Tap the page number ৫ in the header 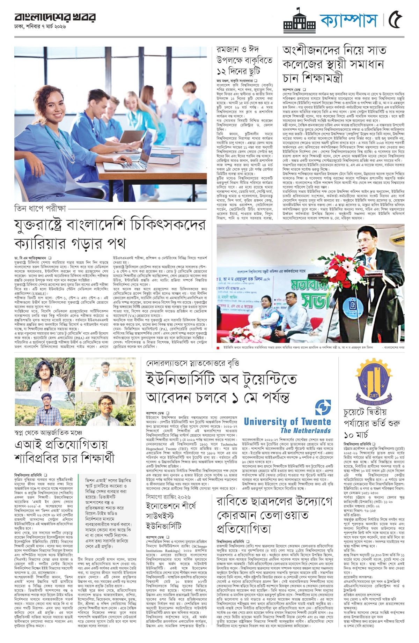396,20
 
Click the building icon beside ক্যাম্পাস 300,21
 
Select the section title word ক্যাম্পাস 349,20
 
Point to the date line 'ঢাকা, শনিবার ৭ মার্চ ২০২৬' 40,27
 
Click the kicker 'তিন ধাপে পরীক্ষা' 40,209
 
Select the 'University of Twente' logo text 287,422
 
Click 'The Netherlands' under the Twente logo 305,431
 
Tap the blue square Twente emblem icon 323,407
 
